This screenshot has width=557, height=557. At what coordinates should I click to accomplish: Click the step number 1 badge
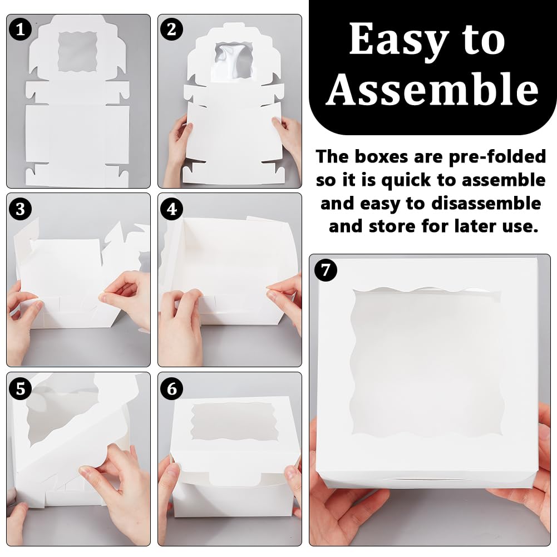point(21,29)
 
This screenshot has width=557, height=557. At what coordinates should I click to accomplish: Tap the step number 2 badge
point(171,29)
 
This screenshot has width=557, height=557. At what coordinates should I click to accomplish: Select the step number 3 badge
point(21,209)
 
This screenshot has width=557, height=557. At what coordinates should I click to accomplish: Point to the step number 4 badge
point(171,209)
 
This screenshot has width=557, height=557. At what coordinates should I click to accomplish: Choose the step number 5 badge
point(21,388)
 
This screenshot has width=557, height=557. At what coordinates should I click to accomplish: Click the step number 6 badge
point(171,388)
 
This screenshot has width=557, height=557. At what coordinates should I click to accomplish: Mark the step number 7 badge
point(326,271)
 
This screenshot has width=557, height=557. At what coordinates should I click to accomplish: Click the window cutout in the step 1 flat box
point(77,48)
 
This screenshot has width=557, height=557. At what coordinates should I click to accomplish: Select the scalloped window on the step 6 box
point(230,422)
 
